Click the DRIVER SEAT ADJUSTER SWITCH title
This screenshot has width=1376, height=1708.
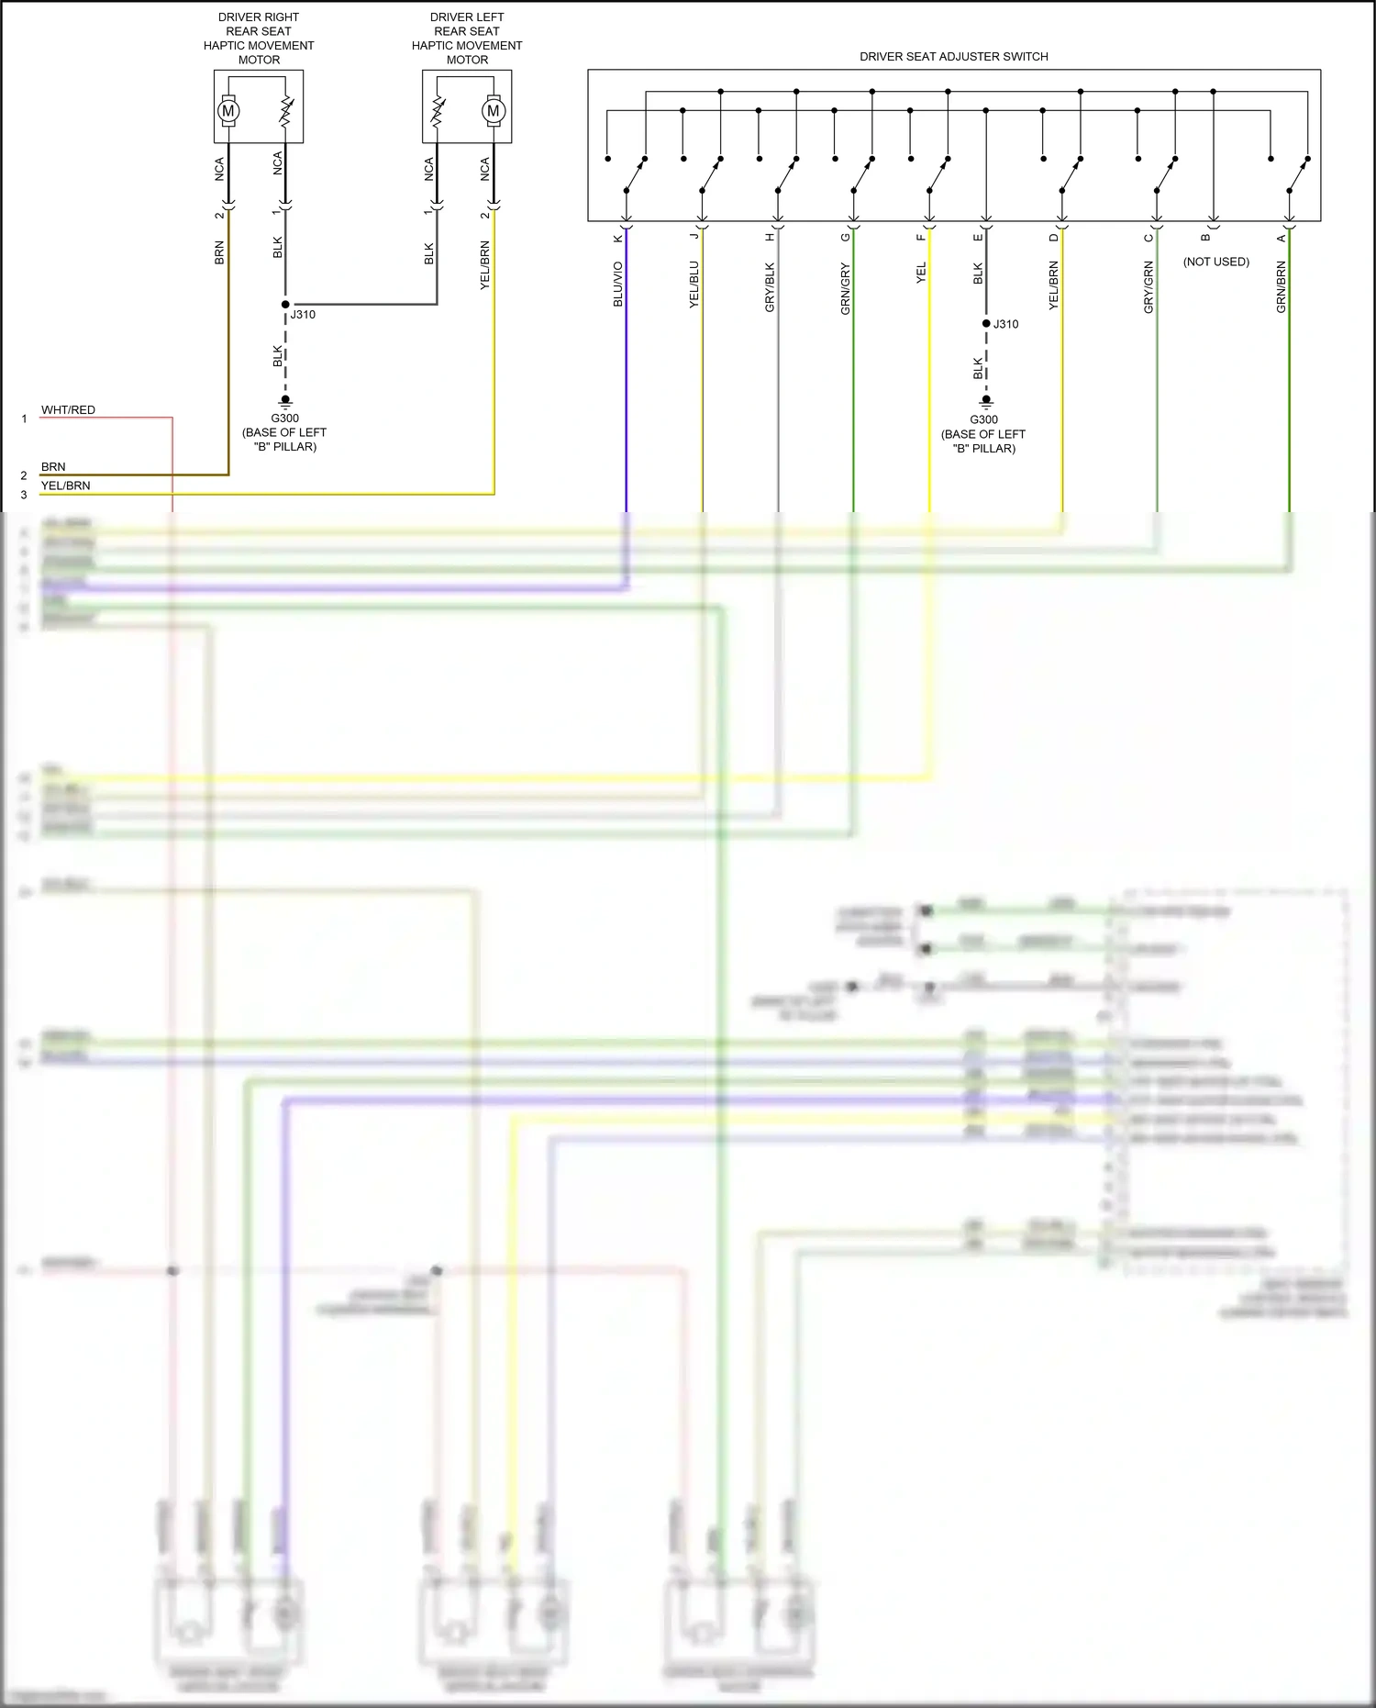pyautogui.click(x=953, y=57)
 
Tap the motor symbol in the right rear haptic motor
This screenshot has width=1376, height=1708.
pyautogui.click(x=228, y=111)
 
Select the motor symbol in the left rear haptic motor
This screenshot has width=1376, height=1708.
pyautogui.click(x=494, y=111)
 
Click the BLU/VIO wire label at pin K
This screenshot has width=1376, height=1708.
pyautogui.click(x=618, y=284)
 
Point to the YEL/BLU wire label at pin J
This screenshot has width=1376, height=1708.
pyautogui.click(x=694, y=284)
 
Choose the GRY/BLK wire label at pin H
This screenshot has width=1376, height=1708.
pyautogui.click(x=771, y=286)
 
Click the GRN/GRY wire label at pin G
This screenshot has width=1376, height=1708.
pyautogui.click(x=846, y=288)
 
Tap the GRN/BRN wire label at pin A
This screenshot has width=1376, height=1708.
pyautogui.click(x=1282, y=286)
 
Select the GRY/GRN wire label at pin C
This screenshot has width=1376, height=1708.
pyautogui.click(x=1149, y=286)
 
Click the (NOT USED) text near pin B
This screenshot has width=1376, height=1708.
pyautogui.click(x=1215, y=262)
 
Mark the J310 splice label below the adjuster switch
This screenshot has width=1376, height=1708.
pyautogui.click(x=1005, y=324)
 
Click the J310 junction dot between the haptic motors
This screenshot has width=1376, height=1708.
pyautogui.click(x=285, y=305)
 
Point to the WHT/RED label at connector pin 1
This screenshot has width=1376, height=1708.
pyautogui.click(x=68, y=410)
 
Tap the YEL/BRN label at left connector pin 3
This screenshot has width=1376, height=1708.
pyautogui.click(x=65, y=486)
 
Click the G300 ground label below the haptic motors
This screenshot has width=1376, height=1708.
pyautogui.click(x=284, y=419)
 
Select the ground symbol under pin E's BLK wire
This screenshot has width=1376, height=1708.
pyautogui.click(x=986, y=401)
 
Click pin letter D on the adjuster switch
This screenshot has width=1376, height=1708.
pyautogui.click(x=1054, y=238)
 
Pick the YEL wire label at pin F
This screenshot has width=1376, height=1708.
pyautogui.click(x=922, y=273)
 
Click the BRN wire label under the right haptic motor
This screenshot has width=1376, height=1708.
pyautogui.click(x=219, y=253)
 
